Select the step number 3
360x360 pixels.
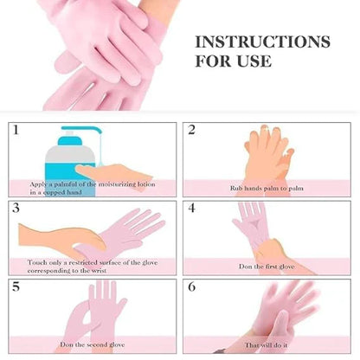pyautogui.click(x=16, y=209)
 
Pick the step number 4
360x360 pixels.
pyautogui.click(x=192, y=209)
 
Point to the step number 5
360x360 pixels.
pyautogui.click(x=16, y=286)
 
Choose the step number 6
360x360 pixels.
pyautogui.click(x=192, y=286)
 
